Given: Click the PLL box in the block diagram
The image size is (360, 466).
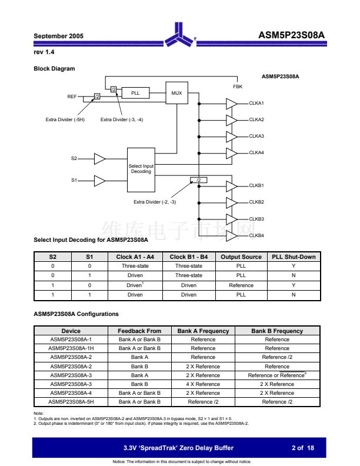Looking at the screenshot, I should (135, 93).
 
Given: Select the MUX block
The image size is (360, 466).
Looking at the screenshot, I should (176, 93).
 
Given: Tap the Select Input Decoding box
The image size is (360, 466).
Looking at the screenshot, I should (141, 169).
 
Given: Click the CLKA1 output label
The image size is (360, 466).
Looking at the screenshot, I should (256, 103).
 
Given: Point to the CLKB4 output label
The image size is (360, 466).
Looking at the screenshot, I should (256, 235).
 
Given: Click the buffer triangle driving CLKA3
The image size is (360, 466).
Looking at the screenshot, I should (231, 136).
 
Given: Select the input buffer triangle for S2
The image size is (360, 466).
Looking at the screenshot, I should (99, 158).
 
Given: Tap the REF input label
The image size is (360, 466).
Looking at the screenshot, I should (72, 96).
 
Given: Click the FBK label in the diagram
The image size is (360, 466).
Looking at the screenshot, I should (238, 86).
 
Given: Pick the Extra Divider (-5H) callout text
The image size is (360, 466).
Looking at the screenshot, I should (65, 119).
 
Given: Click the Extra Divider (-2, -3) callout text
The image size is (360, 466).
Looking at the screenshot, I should (154, 202).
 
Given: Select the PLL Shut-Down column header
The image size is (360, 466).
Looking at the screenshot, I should (294, 257).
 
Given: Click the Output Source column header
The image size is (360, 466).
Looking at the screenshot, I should (241, 257).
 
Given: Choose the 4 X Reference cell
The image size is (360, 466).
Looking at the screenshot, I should (203, 384).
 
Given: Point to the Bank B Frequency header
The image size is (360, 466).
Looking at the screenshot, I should (277, 331).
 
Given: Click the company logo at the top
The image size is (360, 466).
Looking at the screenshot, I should (179, 36).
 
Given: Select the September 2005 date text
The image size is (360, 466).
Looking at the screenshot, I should (59, 36).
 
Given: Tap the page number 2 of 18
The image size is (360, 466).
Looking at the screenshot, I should (303, 448).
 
